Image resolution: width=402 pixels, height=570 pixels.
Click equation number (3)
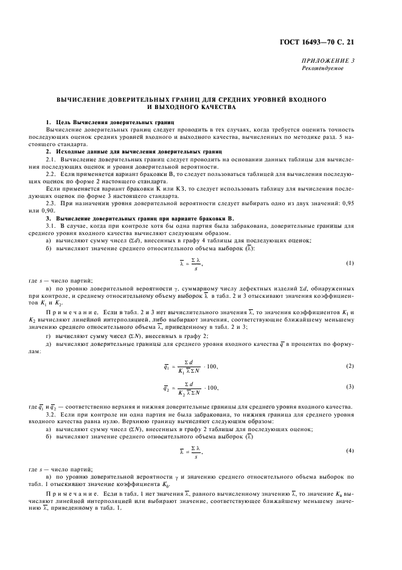(x=350, y=387)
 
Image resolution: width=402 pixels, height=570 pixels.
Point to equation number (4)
(x=350, y=450)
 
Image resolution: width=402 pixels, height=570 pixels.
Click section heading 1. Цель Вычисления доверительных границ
(x=102, y=122)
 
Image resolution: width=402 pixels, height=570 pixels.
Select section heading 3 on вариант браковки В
(x=115, y=217)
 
